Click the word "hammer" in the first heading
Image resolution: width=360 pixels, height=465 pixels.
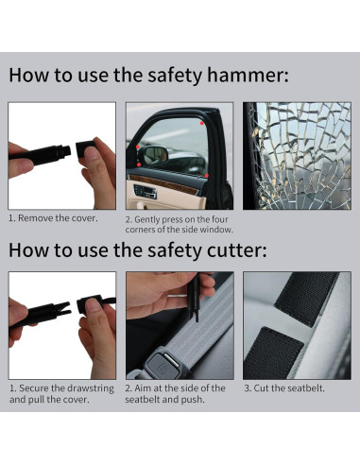pos(248,75)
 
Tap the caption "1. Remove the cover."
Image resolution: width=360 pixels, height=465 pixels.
pos(53,218)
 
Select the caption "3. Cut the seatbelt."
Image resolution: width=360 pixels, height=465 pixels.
pos(284,388)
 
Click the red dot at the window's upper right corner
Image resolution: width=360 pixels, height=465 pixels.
pos(202,123)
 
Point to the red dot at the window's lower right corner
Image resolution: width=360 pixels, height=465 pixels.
pos(206,176)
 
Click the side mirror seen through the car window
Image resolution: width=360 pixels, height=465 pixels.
pos(155,155)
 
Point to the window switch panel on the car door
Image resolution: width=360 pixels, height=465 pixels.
pos(146,192)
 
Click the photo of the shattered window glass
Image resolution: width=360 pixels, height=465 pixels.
pos(297,156)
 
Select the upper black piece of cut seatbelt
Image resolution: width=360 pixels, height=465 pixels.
pos(306,297)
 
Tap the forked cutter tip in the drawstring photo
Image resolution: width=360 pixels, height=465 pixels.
pos(63,309)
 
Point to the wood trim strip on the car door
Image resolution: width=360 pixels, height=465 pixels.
pos(163,183)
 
